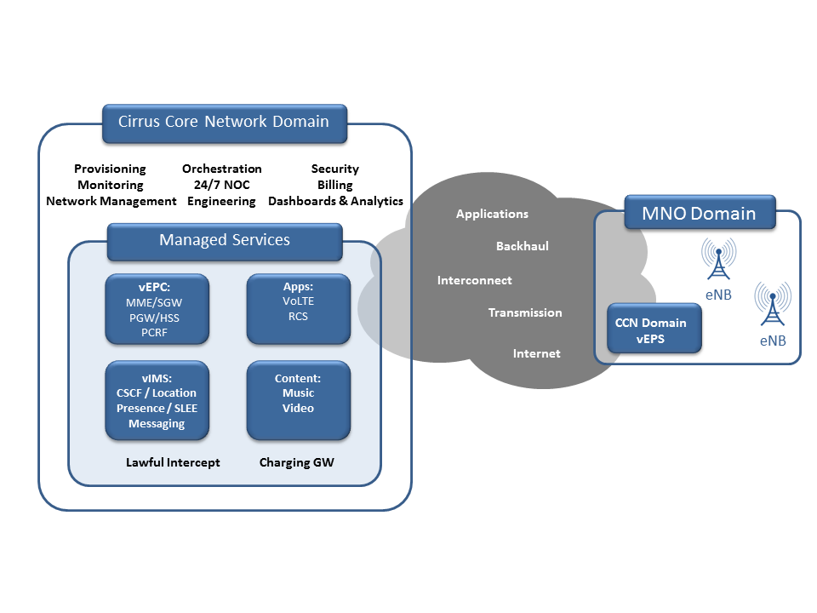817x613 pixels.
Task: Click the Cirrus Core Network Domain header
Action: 224,122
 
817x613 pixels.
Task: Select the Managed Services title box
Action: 225,241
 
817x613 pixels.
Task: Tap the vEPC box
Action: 157,309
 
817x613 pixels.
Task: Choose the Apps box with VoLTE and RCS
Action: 298,309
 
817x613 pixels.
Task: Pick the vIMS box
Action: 157,400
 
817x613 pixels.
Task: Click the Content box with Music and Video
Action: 298,400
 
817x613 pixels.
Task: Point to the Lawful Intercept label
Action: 173,462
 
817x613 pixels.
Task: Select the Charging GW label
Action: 297,462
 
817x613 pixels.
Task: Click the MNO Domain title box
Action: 700,212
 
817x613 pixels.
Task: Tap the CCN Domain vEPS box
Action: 654,330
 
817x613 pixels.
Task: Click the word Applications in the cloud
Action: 492,215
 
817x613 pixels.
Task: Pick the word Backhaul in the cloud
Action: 523,246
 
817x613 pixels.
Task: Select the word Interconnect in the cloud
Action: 475,280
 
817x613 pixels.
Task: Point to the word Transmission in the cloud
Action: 525,312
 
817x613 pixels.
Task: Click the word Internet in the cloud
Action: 537,353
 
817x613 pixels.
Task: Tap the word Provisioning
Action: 110,169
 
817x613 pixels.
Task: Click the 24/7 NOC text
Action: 222,185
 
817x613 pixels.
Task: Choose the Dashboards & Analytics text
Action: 335,201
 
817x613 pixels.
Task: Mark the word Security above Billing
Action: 335,169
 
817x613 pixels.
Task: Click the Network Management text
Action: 111,201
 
